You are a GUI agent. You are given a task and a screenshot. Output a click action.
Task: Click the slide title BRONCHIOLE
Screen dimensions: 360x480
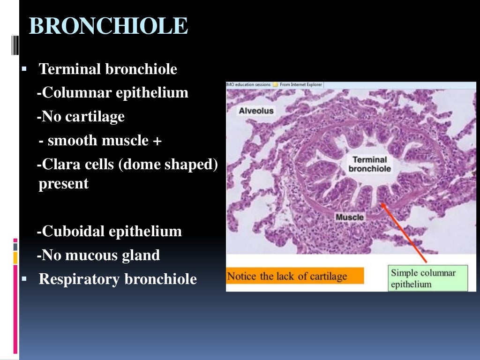108,26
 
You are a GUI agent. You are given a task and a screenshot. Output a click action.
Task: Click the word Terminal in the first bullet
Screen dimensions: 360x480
70,69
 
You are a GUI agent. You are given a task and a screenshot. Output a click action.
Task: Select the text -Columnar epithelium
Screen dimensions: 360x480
113,93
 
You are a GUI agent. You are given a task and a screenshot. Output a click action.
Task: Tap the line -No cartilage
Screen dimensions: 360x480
81,116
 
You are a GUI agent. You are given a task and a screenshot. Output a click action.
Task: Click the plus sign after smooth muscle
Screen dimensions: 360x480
157,141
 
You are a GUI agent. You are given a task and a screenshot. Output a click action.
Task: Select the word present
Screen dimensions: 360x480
63,184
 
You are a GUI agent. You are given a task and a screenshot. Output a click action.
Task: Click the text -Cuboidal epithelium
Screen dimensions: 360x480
110,231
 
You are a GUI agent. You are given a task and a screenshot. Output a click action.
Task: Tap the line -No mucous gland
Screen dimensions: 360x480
99,255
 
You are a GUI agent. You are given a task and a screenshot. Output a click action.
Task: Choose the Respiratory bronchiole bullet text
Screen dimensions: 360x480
118,279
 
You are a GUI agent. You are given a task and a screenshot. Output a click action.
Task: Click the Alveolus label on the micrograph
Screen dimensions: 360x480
256,111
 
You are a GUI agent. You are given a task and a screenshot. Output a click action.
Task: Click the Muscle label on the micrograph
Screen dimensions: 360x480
349,217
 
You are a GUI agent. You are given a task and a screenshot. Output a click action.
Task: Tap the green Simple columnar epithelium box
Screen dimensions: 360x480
427,278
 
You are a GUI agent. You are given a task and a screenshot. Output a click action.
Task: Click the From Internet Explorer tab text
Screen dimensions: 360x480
300,85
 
